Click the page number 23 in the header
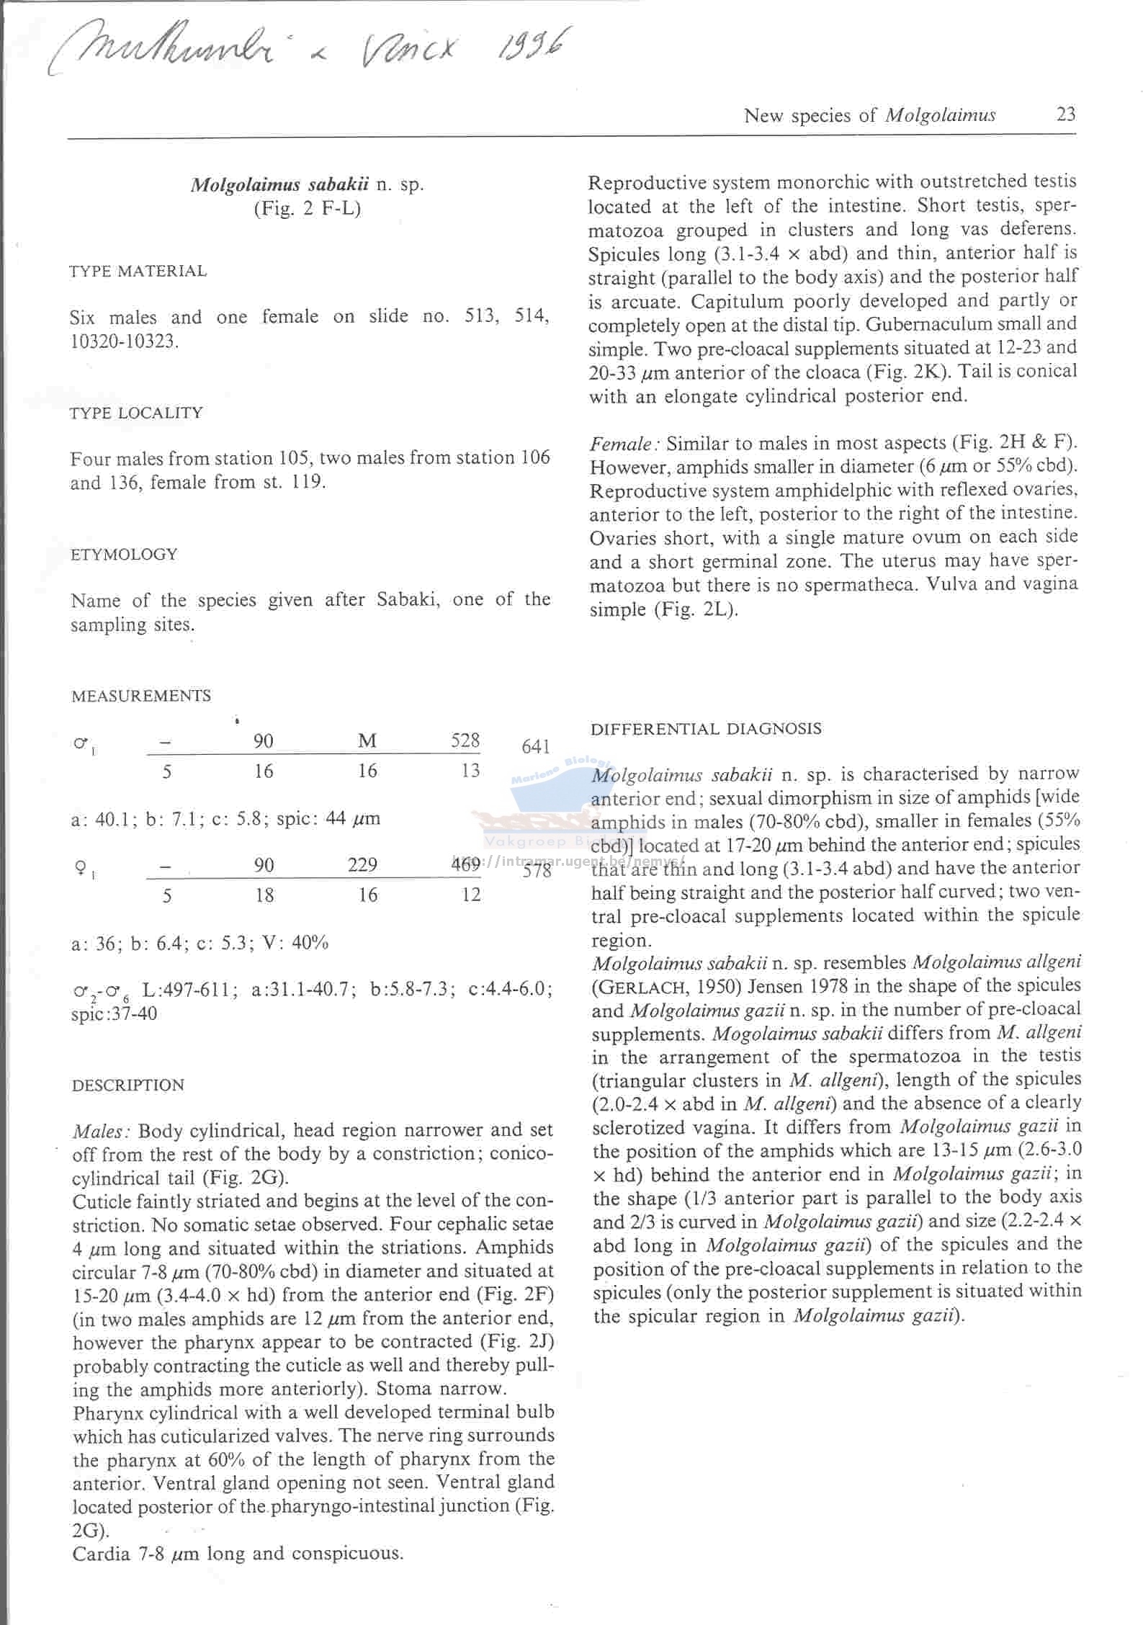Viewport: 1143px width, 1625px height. click(1065, 115)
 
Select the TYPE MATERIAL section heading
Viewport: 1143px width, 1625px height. click(138, 272)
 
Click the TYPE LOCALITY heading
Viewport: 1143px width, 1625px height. click(137, 413)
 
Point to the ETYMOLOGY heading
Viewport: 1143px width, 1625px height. click(124, 555)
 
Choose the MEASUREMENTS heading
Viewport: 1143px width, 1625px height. click(141, 696)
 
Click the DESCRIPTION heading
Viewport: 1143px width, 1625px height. click(128, 1085)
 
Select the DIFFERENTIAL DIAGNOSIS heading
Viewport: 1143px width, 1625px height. click(706, 728)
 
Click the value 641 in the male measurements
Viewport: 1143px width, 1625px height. click(536, 747)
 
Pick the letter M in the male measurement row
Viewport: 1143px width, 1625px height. click(367, 741)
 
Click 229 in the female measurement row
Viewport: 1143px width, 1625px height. click(362, 865)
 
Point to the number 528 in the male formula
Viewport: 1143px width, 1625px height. click(465, 740)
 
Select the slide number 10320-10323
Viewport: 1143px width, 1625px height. click(123, 341)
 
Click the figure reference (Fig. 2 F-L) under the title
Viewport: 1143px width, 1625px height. click(307, 210)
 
